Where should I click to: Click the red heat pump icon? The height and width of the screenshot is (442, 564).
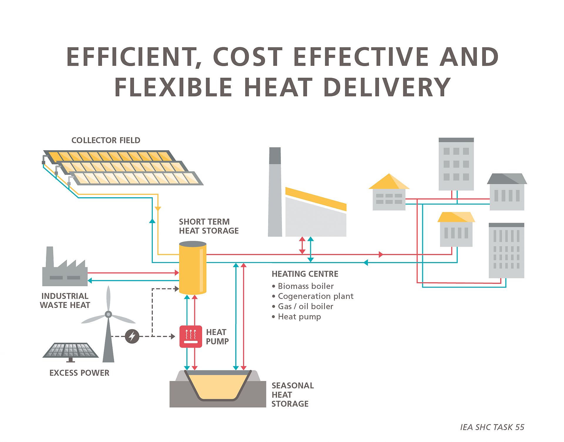191,336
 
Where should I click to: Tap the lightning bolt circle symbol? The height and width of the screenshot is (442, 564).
132,336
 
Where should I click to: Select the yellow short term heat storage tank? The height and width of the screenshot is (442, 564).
193,267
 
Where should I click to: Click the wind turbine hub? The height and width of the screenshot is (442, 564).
108,314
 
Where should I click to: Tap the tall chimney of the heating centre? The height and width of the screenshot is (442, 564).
275,192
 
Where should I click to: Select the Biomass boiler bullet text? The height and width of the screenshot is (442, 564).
303,286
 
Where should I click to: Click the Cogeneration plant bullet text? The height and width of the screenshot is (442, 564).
313,296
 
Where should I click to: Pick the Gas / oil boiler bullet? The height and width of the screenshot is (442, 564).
303,306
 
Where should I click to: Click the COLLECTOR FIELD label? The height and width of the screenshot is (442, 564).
106,140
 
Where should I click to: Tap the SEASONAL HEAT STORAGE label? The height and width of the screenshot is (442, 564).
293,394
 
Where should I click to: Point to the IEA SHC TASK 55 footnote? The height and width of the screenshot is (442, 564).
492,427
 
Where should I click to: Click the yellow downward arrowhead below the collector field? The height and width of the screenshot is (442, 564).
158,209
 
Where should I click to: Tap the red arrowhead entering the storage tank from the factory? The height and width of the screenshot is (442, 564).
177,273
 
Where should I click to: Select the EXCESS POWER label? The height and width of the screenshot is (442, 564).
79,373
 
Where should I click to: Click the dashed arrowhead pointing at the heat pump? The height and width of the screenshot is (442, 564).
173,336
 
